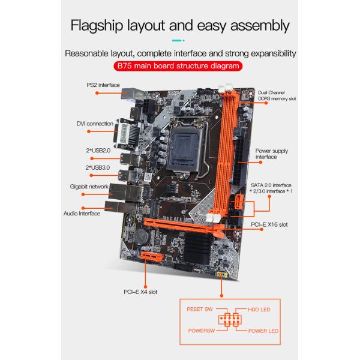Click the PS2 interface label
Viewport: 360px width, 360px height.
tap(103, 85)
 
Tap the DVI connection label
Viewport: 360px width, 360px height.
tap(95, 124)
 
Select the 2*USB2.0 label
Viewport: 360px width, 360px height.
tap(98, 151)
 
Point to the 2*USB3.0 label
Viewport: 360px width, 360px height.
tap(98, 168)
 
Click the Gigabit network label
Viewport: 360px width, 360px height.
tap(89, 187)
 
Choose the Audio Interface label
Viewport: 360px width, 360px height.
tap(82, 214)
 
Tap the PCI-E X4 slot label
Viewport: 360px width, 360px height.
tap(140, 292)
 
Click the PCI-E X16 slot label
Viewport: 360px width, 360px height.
tap(269, 225)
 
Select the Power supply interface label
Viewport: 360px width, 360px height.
tap(272, 154)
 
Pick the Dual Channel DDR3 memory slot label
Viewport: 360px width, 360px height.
tap(277, 95)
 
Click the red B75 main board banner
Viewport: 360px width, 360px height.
tap(178, 66)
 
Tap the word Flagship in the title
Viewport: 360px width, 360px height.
tap(97, 25)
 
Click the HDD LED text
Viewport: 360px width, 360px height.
tap(259, 310)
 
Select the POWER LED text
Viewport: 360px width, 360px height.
tap(263, 331)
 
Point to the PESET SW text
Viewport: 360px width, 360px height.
tap(200, 310)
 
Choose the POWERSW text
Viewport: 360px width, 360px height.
tap(202, 331)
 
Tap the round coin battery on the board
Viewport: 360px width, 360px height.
tap(142, 236)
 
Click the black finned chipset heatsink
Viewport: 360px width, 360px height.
tap(198, 248)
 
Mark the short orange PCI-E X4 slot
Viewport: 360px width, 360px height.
tap(152, 256)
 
